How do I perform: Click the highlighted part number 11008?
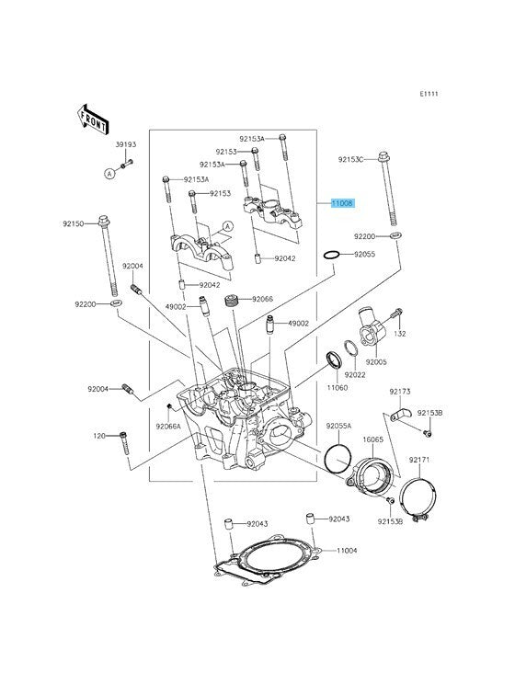pyautogui.click(x=342, y=203)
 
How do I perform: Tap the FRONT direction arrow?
pyautogui.click(x=93, y=120)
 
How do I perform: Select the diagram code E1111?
pyautogui.click(x=429, y=94)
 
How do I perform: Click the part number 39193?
pyautogui.click(x=126, y=144)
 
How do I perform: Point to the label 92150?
pyautogui.click(x=73, y=223)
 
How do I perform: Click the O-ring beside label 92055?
pyautogui.click(x=332, y=255)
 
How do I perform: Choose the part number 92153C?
pyautogui.click(x=350, y=159)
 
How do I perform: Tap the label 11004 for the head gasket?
pyautogui.click(x=347, y=550)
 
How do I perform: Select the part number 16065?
pyautogui.click(x=372, y=439)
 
